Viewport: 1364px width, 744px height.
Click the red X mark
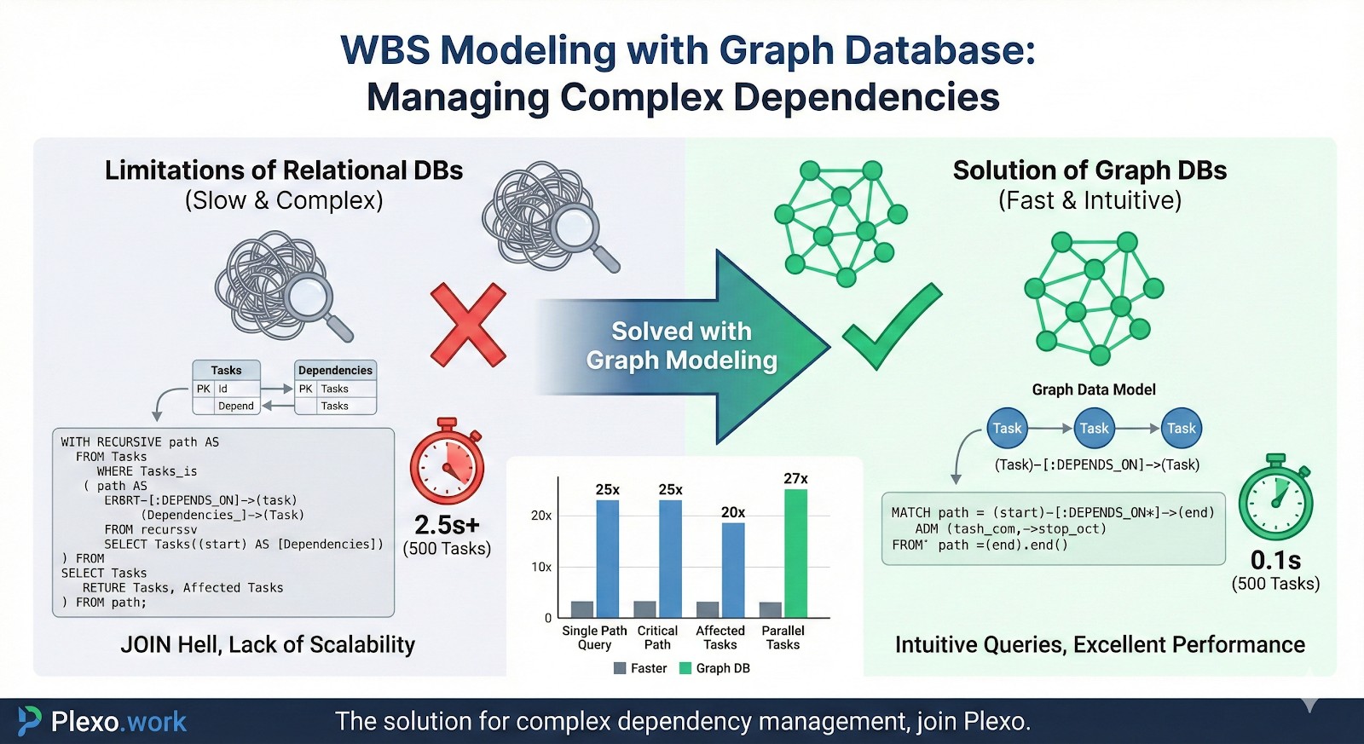tap(468, 325)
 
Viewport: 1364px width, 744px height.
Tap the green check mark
tap(891, 326)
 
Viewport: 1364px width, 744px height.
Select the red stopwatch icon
tap(447, 463)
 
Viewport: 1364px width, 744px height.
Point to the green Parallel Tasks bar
tap(795, 553)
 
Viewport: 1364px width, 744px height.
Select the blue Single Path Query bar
tap(607, 558)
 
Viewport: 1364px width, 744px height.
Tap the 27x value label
tap(795, 479)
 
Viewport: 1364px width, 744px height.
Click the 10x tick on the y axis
tap(541, 567)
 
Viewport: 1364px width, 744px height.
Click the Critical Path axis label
tap(657, 637)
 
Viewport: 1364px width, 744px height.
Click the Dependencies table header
tap(335, 371)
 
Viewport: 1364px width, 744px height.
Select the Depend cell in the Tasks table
tap(235, 406)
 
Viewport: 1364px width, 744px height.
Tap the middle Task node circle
tap(1094, 429)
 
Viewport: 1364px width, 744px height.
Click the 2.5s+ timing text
tap(447, 524)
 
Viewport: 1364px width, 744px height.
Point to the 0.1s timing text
tap(1275, 560)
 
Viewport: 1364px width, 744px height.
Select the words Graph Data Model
tap(1094, 389)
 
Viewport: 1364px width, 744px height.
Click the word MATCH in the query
tap(910, 512)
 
